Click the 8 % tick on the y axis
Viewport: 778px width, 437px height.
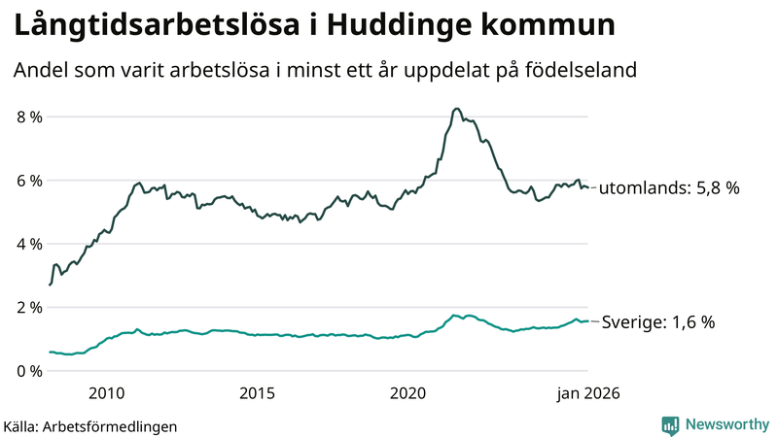pos(29,118)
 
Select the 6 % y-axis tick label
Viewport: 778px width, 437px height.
pos(29,181)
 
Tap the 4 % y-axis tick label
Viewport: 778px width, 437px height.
pos(29,244)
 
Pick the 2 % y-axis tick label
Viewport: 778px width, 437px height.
pos(29,308)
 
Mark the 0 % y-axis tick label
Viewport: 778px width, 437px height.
pos(29,371)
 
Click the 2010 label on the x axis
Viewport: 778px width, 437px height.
pos(107,393)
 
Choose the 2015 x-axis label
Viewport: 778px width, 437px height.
pos(258,393)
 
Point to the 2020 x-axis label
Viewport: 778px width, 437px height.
pos(408,393)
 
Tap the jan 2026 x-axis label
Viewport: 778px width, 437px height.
pos(586,393)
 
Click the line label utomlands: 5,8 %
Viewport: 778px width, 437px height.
pos(669,188)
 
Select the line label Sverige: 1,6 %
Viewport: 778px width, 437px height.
pos(658,322)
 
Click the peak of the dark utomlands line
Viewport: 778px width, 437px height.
pos(456,109)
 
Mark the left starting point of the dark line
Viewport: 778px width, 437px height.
pos(50,285)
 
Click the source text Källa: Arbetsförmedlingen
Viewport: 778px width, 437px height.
pos(90,426)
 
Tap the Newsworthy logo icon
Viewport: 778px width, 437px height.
pos(670,424)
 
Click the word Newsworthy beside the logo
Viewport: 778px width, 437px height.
pos(725,424)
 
